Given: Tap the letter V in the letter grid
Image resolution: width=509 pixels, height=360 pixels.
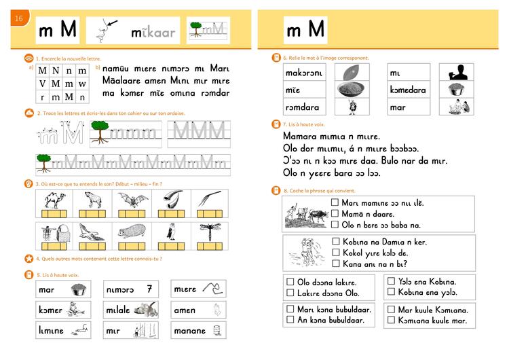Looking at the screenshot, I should tap(42, 84).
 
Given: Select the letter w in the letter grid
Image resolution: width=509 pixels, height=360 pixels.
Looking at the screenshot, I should tap(82, 84).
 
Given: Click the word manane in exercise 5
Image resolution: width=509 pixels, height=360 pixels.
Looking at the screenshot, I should tap(189, 331).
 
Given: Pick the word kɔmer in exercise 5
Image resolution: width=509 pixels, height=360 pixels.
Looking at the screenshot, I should tap(50, 310).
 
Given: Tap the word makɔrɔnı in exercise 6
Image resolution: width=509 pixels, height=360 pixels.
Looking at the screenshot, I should tap(305, 72).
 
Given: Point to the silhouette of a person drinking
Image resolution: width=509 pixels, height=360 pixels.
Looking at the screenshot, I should tap(455, 72).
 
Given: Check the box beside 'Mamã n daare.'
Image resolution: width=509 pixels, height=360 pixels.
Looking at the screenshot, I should tap(335, 213).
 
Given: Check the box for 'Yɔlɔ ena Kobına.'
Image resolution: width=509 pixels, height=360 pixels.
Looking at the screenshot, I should tap(391, 281).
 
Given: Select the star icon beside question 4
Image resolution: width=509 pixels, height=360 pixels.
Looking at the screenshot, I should tap(29, 258).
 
